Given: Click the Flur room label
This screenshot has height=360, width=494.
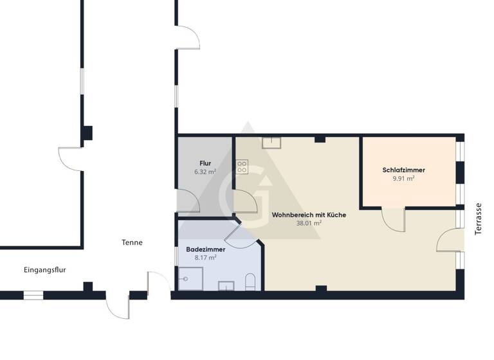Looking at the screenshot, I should coord(205,163).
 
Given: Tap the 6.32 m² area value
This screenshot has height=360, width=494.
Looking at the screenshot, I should coord(205,172).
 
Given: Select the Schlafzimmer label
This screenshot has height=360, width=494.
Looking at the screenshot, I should coord(403,170).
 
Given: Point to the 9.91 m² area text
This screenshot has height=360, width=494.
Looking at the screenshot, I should coord(403,179).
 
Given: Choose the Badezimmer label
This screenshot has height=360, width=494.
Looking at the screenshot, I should coord(205,249).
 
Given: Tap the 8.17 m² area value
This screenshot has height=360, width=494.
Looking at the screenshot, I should coord(205,258).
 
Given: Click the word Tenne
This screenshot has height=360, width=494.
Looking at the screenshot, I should coord(132,242).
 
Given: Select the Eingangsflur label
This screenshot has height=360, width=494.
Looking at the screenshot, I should coord(45,270).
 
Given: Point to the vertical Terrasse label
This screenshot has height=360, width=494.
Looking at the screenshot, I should coord(478,219).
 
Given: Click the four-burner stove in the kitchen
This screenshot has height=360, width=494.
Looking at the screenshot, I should coord(242,167).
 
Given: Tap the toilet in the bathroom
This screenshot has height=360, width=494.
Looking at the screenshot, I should coord(251,282).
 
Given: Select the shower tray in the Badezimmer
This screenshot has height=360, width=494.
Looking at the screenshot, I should coord(190,279).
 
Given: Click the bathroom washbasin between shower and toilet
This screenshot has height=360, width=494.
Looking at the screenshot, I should coord(226,285).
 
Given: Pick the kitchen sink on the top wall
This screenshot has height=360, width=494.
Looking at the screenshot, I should coord(271,143).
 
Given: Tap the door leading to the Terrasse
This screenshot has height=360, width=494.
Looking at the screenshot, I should coord(450,239).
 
